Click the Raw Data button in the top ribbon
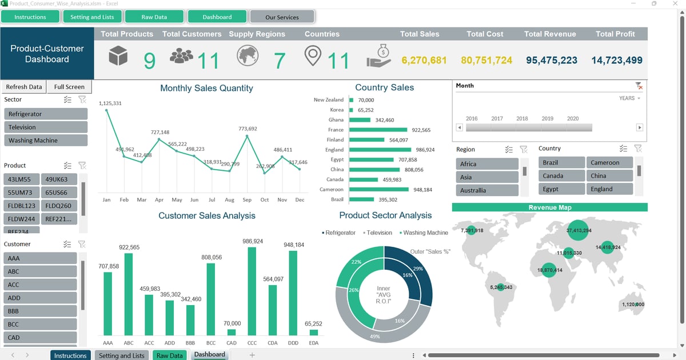click(x=154, y=17)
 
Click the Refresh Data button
click(x=24, y=87)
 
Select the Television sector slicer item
click(x=46, y=127)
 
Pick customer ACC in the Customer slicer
click(x=40, y=285)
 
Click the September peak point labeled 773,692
click(x=247, y=136)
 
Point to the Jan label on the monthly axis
click(x=106, y=200)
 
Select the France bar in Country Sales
click(x=377, y=130)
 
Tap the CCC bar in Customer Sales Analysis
click(x=252, y=291)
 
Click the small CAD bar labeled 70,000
click(x=232, y=332)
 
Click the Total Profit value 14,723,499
click(x=616, y=60)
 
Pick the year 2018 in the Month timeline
click(x=522, y=119)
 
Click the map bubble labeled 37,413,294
click(x=579, y=230)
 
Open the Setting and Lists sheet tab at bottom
click(x=122, y=355)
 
